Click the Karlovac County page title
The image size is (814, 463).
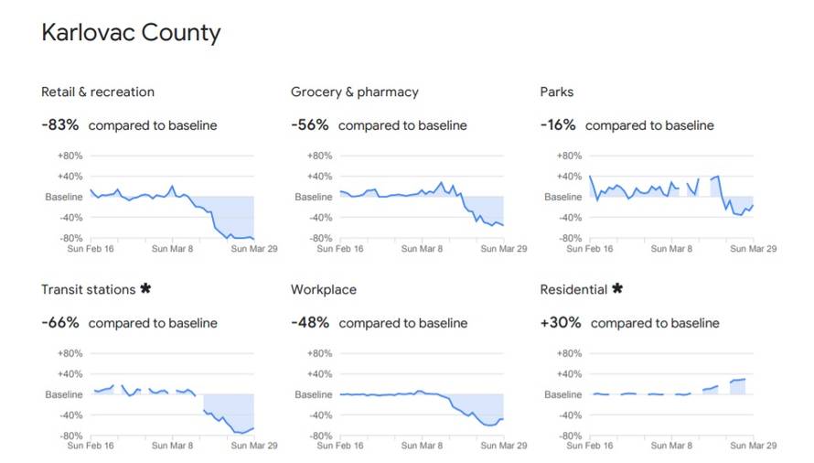[x=131, y=34]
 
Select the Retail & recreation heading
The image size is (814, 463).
[x=98, y=92]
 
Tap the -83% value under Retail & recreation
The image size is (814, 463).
[x=60, y=124]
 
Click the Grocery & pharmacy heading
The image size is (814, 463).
[x=355, y=92]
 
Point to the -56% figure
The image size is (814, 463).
[x=310, y=124]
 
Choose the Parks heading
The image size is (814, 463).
[x=557, y=92]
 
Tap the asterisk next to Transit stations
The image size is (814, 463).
[x=145, y=289]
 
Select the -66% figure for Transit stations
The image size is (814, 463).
[x=60, y=322]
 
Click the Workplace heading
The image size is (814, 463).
[x=324, y=289]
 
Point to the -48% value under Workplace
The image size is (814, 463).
[x=310, y=322]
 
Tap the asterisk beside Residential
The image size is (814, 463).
[x=617, y=289]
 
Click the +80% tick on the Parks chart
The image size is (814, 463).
[x=569, y=156]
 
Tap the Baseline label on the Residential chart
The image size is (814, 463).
[x=563, y=394]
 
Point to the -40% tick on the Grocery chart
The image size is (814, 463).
[x=320, y=218]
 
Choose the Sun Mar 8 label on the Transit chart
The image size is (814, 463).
[x=172, y=446]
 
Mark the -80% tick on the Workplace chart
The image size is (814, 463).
[x=320, y=436]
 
